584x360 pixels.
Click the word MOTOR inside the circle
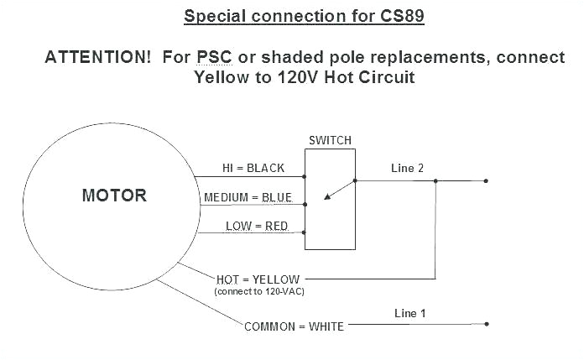pos(114,196)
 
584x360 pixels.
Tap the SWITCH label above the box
pos(330,140)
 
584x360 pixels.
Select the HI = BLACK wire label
pos(253,168)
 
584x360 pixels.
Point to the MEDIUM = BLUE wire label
pos(248,198)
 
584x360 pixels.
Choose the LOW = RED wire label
pos(256,227)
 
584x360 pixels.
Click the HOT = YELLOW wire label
pos(258,279)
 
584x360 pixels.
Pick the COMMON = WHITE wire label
pos(294,326)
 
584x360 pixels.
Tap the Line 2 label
pos(408,168)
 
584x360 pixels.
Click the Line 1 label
pos(410,313)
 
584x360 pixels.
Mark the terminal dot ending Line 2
pos(486,180)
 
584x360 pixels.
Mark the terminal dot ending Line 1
pos(486,325)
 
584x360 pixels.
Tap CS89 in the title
pos(400,16)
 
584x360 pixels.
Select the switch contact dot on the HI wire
pos(305,177)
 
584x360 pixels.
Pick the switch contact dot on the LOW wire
pos(305,234)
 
